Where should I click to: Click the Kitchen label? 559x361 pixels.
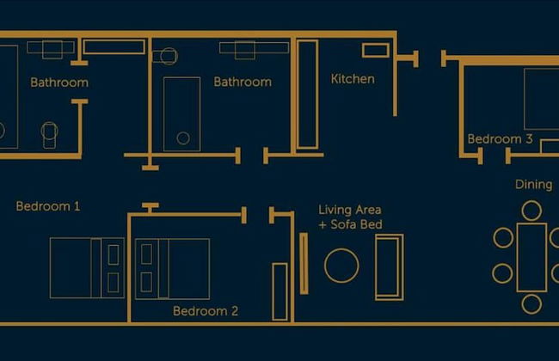[x=353, y=79]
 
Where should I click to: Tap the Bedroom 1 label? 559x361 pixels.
[x=48, y=206]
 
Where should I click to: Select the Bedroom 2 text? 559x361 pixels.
[x=206, y=311]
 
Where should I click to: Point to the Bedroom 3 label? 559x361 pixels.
[x=500, y=138]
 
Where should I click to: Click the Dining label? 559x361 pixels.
[x=533, y=184]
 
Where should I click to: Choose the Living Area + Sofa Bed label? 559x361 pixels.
[x=350, y=217]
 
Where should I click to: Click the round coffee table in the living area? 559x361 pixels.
[x=341, y=266]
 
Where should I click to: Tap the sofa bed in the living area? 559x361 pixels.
[x=390, y=267]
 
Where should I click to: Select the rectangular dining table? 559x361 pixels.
[x=531, y=257]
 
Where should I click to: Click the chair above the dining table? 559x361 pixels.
[x=531, y=211]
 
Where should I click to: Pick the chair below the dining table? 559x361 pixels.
[x=531, y=304]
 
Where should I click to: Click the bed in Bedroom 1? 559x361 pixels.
[x=88, y=268]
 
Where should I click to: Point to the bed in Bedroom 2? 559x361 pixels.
[x=173, y=269]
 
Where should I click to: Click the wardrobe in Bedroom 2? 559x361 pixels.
[x=279, y=292]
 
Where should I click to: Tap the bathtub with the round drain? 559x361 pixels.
[x=181, y=114]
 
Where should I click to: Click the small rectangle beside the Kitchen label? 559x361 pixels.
[x=376, y=50]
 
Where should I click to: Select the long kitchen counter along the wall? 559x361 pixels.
[x=307, y=94]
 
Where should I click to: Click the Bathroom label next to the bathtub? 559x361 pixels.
[x=243, y=82]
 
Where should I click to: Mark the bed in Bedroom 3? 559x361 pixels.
[x=542, y=99]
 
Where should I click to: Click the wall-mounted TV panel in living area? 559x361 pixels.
[x=304, y=264]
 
